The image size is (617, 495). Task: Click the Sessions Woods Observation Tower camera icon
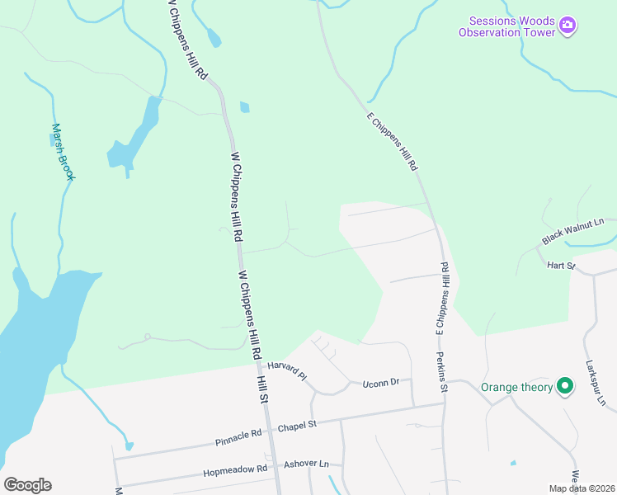point(567,26)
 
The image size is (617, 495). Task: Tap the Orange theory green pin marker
point(565,386)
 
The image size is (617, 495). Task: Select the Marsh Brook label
point(63,152)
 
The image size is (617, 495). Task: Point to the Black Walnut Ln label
point(573,232)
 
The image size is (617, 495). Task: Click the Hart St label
point(559,266)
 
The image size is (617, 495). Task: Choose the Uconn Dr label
point(383,382)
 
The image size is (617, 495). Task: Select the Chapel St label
point(297,426)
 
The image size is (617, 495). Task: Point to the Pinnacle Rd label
point(238,433)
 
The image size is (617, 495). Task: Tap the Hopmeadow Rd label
point(235,469)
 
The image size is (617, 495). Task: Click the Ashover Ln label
point(305,464)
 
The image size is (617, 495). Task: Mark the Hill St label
point(263,386)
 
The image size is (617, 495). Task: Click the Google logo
point(27,484)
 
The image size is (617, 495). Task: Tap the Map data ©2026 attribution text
point(581,488)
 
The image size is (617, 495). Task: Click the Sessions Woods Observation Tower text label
point(507,26)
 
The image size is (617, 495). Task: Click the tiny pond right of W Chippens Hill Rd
point(244,106)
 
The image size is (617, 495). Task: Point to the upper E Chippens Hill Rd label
point(392,141)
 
